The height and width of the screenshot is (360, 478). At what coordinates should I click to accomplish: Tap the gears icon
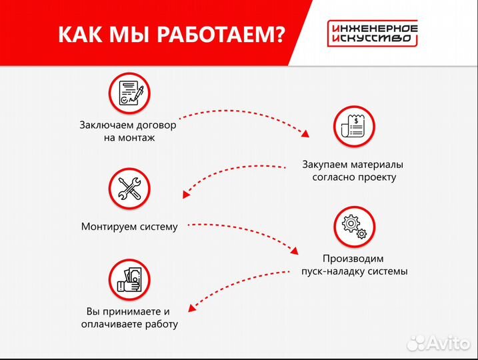(x=353, y=225)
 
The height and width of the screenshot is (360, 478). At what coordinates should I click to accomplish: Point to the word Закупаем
(x=323, y=164)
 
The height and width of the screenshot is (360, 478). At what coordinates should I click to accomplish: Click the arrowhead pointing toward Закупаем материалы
(x=306, y=133)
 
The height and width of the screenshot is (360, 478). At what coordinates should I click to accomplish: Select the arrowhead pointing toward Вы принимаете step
(x=190, y=308)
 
